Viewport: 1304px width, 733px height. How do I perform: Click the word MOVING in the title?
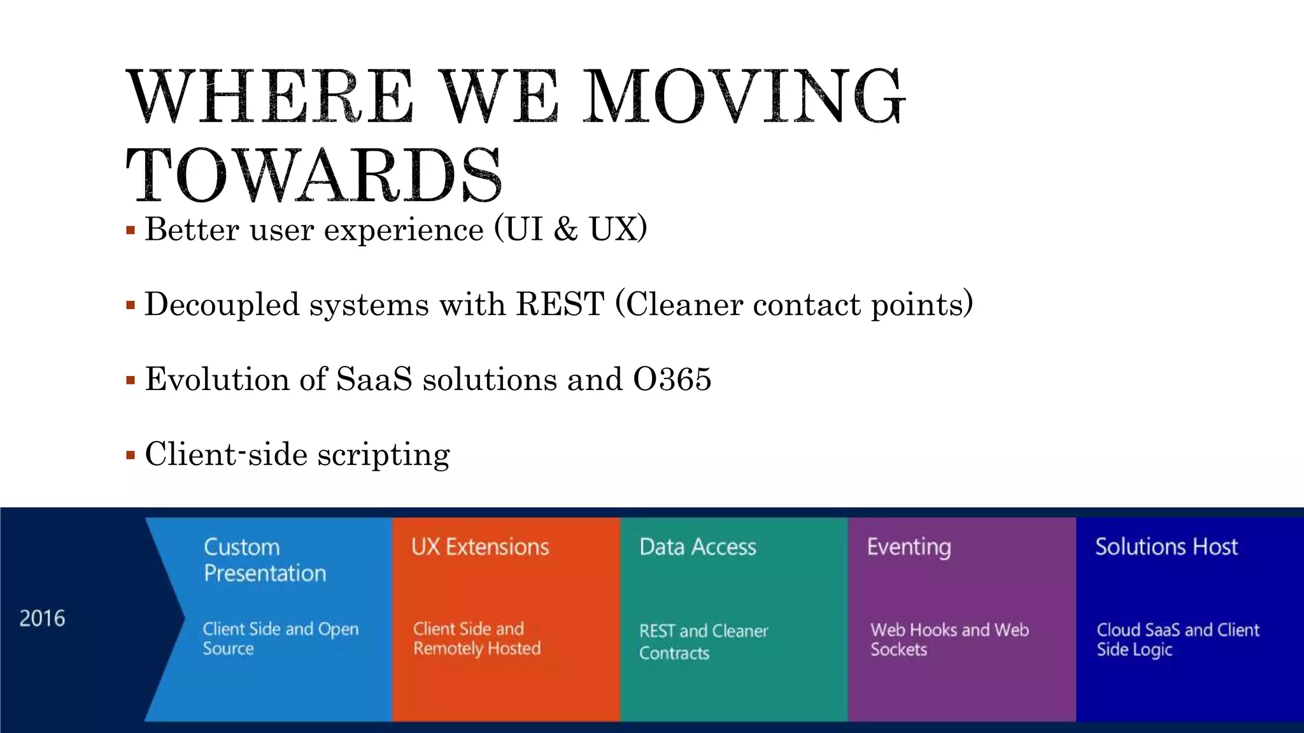coord(744,97)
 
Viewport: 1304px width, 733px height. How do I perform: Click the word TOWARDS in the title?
coord(314,175)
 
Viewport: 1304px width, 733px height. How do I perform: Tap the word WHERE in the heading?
coord(271,97)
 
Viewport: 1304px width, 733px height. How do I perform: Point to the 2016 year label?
coord(42,618)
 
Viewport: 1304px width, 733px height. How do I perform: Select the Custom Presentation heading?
coord(264,560)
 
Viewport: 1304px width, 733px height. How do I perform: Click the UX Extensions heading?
coord(480,547)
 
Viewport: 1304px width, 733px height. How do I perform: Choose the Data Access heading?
coord(698,547)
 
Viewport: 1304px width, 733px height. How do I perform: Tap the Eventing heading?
coord(909,547)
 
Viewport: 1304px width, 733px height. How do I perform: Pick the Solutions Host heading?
coord(1166,547)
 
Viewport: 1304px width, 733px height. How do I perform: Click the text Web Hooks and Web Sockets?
coord(949,639)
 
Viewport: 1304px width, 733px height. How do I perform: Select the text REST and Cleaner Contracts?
coord(704,641)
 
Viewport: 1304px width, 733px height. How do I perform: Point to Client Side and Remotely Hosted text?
coord(476,638)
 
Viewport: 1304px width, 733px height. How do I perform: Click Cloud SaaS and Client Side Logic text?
coord(1177,639)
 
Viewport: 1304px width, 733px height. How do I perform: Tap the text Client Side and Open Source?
coord(280,638)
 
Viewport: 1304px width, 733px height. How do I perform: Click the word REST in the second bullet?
coord(560,304)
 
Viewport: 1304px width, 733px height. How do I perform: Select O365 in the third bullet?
coord(672,379)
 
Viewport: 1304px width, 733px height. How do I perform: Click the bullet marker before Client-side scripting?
coord(131,456)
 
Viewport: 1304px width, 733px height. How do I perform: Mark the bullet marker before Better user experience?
coord(131,230)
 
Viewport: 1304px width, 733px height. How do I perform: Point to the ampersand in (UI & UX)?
coord(565,229)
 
